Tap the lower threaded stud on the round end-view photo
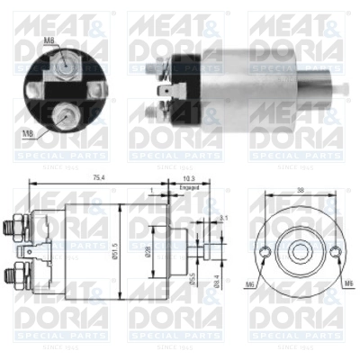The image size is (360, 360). click(x=65, y=114)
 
